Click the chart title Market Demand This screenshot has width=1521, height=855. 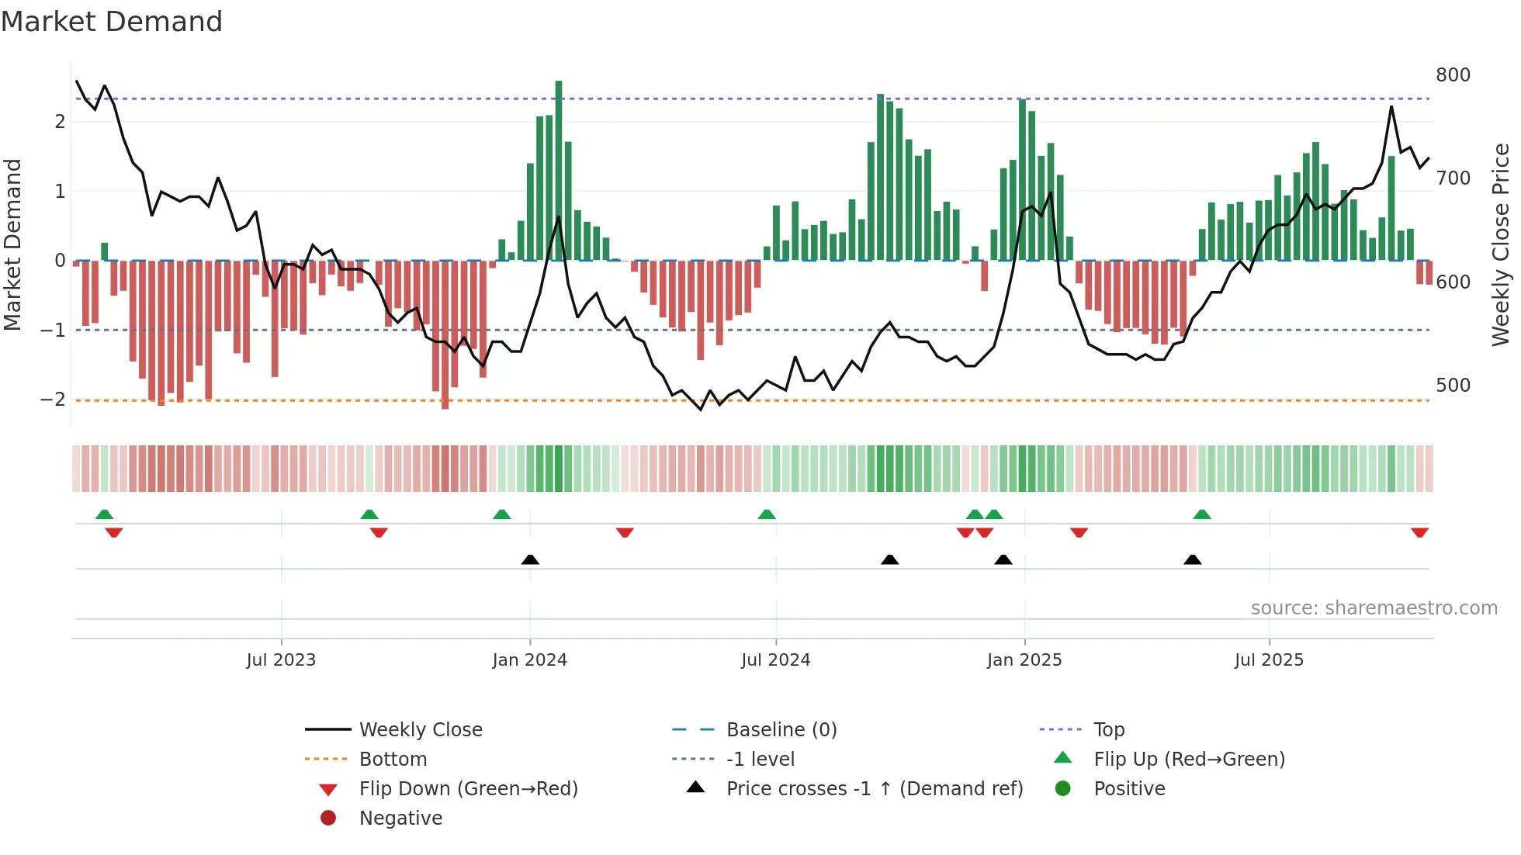(x=112, y=22)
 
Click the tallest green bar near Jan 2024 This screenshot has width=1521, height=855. (x=559, y=171)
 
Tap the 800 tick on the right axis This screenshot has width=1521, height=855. (x=1453, y=75)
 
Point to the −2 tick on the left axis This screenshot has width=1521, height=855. (x=53, y=400)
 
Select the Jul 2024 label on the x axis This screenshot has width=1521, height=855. (x=775, y=660)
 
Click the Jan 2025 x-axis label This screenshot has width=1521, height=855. (x=1024, y=660)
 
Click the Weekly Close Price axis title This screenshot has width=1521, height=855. (x=1501, y=244)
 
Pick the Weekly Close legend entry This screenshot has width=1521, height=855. (x=420, y=730)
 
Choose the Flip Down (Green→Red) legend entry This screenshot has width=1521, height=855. (x=468, y=789)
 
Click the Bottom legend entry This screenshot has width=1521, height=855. (x=393, y=760)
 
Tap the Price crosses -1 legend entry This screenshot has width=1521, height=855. (x=874, y=789)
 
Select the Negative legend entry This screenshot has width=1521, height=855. (x=400, y=819)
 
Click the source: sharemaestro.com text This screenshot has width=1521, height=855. (x=1374, y=608)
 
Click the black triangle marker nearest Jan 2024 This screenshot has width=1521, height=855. (x=530, y=559)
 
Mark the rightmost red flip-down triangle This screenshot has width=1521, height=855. (x=1419, y=532)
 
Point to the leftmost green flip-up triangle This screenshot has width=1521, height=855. (x=104, y=514)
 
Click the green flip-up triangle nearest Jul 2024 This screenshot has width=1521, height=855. (x=767, y=514)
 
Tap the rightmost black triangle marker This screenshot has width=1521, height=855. (x=1193, y=559)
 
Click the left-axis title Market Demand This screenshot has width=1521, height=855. (x=13, y=244)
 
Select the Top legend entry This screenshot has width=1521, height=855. (x=1108, y=730)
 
